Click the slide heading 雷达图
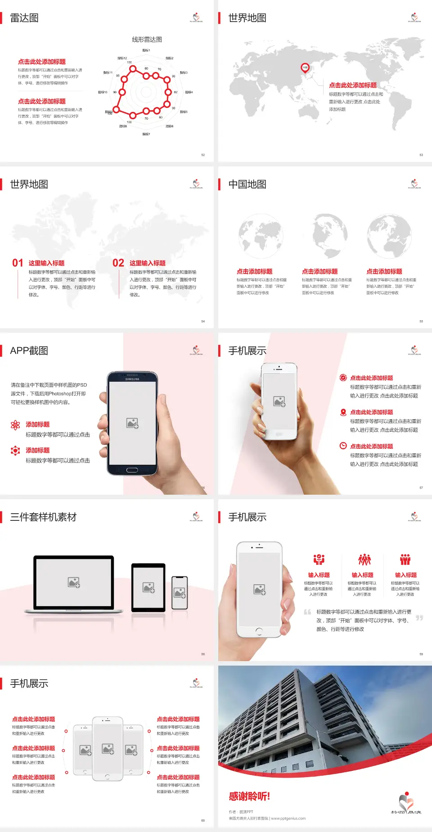pos(24,18)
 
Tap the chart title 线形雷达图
pos(147,40)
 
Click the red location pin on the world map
pos(305,68)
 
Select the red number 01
pos(18,263)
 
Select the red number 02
pos(118,263)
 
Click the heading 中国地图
pos(247,184)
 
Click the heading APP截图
pos(29,351)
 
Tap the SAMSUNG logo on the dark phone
pos(132,379)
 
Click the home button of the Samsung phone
pos(132,470)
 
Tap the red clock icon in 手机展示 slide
pos(343,446)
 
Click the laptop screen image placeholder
pos(74,582)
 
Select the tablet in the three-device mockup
pos(148,587)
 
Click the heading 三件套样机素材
pos(43,517)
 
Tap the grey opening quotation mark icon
pos(307,612)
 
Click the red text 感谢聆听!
pos(249,796)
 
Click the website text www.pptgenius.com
pos(288,819)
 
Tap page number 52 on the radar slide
pos(203,155)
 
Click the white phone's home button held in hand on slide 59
pos(259,631)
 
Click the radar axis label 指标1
pos(146,50)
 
